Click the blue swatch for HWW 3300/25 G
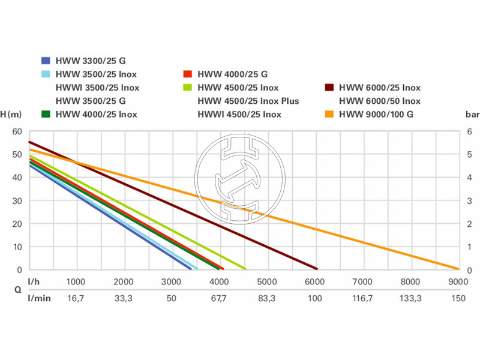click(x=45, y=61)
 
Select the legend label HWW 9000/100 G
click(x=376, y=114)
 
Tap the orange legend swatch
click(x=329, y=114)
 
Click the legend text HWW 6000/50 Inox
click(x=380, y=101)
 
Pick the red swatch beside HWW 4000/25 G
click(x=187, y=74)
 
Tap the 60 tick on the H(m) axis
click(x=17, y=131)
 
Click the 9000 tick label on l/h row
click(x=458, y=281)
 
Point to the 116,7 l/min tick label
click(x=362, y=298)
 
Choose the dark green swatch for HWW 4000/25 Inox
click(x=45, y=114)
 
